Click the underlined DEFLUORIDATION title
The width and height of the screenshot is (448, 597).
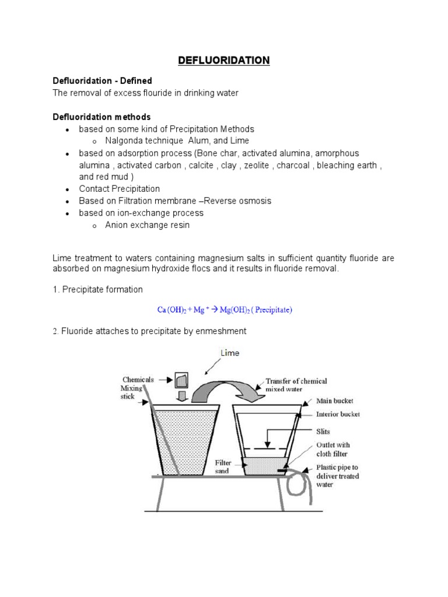224,60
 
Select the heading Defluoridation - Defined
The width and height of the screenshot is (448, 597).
103,80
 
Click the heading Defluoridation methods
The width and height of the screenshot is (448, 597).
101,117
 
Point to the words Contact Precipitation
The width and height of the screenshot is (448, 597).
120,189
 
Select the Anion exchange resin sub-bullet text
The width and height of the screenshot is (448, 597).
147,225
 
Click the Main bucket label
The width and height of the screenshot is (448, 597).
334,401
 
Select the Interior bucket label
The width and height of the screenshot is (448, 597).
338,415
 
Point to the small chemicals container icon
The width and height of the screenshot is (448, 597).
181,381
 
